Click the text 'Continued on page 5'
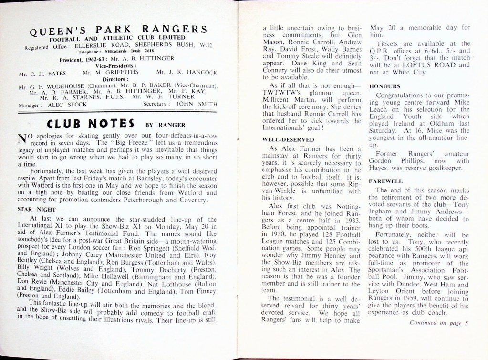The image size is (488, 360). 439,323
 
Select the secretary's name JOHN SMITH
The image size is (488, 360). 197,104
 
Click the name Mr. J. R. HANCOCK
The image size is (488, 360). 187,73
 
